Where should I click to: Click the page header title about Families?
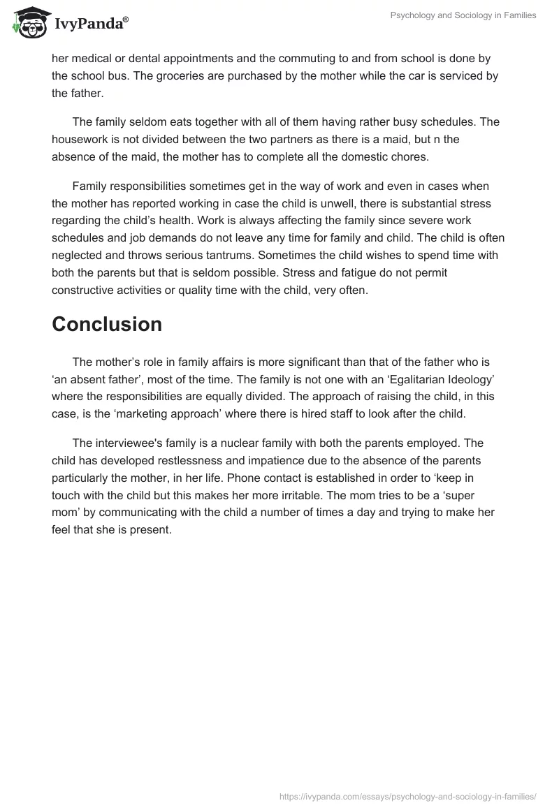[463, 15]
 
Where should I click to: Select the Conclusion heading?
[107, 324]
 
